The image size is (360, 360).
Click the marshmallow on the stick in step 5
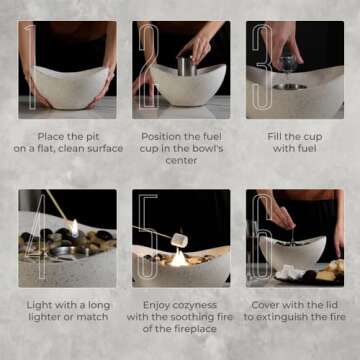click(x=179, y=239)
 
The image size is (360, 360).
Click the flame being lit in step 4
click(x=74, y=227)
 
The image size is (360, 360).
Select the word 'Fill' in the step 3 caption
click(x=272, y=136)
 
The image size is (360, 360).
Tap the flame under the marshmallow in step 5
click(x=179, y=257)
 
